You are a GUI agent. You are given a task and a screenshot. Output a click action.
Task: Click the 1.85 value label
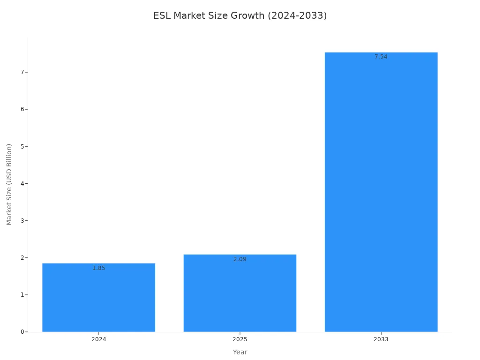(x=98, y=268)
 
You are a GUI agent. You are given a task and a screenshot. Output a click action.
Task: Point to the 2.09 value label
(x=240, y=259)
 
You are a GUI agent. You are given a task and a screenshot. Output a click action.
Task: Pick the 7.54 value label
(x=381, y=57)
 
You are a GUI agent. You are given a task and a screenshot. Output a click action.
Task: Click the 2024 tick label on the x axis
(x=98, y=339)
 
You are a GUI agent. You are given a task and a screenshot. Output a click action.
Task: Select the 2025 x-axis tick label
(x=240, y=339)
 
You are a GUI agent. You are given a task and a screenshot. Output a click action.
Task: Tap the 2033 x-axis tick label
(x=381, y=339)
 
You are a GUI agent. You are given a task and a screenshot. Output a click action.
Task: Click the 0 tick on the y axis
(x=22, y=332)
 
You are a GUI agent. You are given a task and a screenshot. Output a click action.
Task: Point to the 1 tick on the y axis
(x=22, y=295)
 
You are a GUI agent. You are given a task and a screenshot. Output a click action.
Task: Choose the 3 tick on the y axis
(x=22, y=220)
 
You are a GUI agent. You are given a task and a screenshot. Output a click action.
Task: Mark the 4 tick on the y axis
(x=22, y=183)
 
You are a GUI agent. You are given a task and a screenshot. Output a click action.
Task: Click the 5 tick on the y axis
(x=22, y=146)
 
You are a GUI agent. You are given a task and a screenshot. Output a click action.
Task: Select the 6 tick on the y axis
(x=22, y=109)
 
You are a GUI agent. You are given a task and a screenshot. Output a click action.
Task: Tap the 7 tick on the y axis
(x=22, y=72)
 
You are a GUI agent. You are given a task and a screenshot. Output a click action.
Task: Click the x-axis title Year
(x=240, y=352)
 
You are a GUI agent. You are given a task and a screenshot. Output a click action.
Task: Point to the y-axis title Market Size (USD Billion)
(x=9, y=184)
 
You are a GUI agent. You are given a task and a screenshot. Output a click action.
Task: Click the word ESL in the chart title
(x=162, y=16)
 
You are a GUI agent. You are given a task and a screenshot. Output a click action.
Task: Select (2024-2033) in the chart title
(x=297, y=16)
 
